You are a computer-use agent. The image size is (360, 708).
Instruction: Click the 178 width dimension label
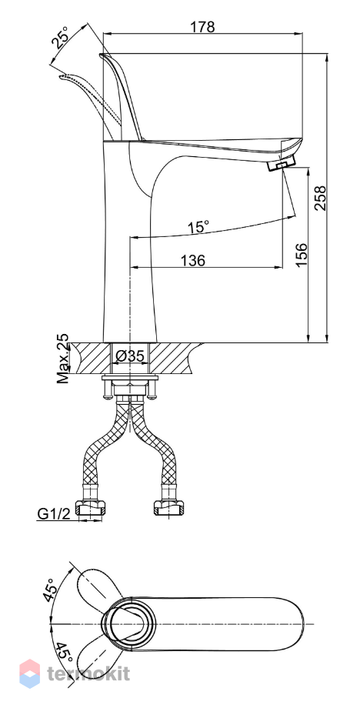tap(202, 27)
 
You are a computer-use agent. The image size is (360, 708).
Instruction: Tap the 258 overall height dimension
tap(320, 198)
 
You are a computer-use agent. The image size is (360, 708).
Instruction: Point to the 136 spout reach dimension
tap(193, 260)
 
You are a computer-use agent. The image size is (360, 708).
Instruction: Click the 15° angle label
tap(198, 227)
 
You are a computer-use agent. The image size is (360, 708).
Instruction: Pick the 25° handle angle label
tap(61, 38)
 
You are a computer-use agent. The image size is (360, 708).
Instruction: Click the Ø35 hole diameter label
tap(129, 356)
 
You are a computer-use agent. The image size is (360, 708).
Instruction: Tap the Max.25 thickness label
tap(64, 359)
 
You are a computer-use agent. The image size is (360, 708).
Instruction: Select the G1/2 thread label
tap(54, 513)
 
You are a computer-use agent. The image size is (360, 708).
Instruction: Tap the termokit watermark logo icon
tap(30, 673)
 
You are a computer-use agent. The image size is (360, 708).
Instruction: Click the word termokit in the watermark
tap(88, 673)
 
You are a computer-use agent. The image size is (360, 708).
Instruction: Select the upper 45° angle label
tap(50, 589)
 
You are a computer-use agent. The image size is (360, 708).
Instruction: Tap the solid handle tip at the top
tap(102, 55)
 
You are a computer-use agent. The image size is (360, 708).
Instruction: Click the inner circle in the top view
tap(128, 624)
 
